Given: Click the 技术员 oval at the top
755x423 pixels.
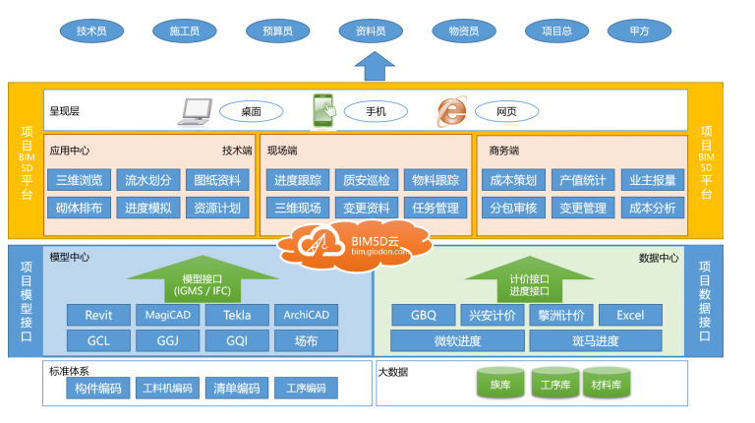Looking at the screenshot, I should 91,31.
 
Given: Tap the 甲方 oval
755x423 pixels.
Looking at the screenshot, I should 639,31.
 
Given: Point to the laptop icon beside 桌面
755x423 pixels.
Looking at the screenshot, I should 195,111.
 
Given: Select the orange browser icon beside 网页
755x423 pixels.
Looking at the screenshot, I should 451,112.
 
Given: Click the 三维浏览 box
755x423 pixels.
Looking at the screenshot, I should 79,180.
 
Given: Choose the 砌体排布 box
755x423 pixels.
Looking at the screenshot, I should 79,208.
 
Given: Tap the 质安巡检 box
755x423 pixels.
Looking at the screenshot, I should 365,180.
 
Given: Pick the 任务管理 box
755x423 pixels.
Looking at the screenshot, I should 435,208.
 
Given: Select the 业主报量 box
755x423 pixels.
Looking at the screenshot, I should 653,180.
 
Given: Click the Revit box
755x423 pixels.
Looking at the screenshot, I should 98,315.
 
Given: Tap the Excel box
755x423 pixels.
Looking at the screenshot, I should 630,315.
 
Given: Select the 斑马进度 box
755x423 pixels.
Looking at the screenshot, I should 595,341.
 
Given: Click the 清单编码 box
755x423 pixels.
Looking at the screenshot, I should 236,389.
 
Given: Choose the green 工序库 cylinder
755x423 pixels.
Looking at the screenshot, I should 555,384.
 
